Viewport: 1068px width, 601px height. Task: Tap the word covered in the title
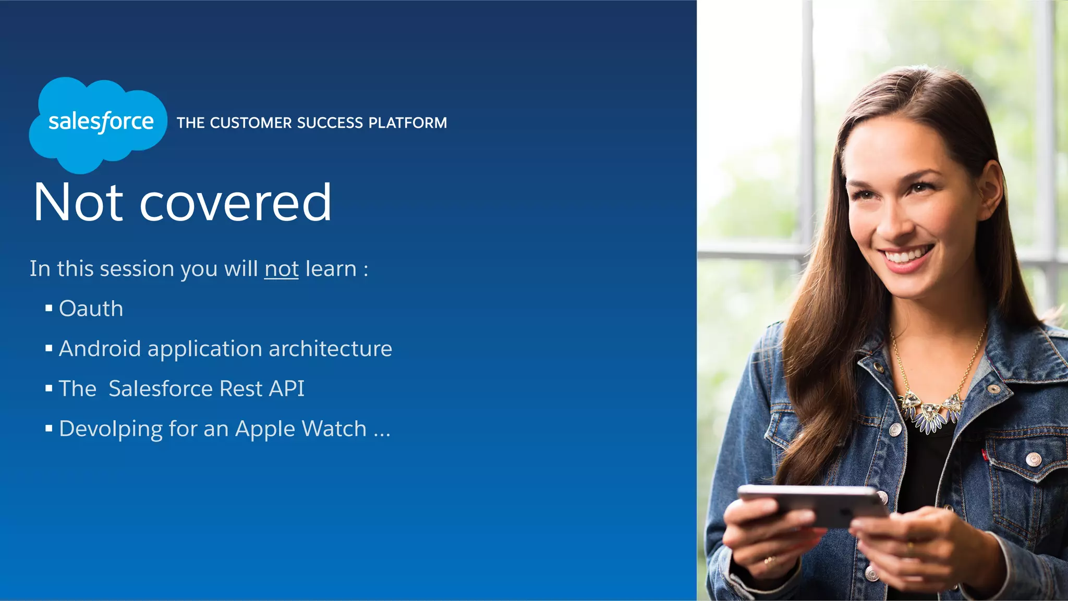coord(235,203)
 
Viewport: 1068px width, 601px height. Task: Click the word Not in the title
coord(78,203)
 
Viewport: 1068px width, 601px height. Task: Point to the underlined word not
coord(281,269)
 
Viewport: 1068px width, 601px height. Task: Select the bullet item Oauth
coord(91,309)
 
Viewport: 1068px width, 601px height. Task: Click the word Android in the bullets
coord(100,349)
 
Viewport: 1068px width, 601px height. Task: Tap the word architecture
coord(330,349)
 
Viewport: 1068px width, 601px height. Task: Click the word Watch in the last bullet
coord(334,429)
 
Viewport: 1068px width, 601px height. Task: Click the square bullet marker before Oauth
coord(49,309)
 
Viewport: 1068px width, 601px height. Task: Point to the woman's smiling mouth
coord(906,256)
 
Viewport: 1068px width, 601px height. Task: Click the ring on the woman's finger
coord(768,561)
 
